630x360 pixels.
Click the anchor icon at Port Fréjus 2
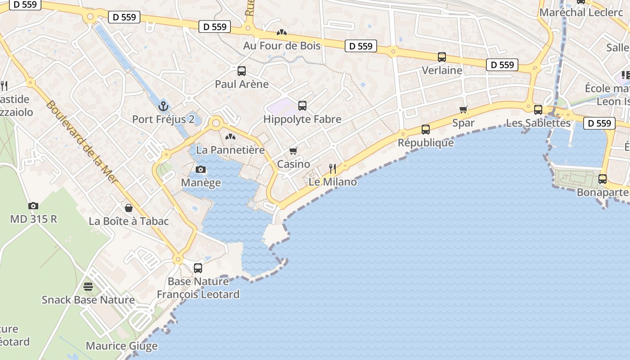tap(163, 106)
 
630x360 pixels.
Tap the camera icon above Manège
tap(201, 170)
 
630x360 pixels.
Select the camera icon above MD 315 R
tap(33, 206)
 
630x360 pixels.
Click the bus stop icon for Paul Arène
tap(242, 71)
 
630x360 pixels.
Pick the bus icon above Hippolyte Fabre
tap(302, 106)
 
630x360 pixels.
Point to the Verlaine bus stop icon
tap(442, 57)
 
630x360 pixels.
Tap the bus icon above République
tap(426, 130)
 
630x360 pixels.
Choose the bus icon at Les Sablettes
tap(538, 109)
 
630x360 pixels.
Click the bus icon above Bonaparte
tap(603, 179)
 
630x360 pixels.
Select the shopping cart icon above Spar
tap(463, 109)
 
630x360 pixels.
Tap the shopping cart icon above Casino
tap(293, 151)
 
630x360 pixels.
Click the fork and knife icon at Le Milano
tap(333, 169)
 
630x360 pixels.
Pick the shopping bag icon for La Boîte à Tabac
tap(129, 207)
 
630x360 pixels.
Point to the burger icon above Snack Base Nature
tap(88, 287)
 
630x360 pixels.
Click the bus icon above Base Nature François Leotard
tap(198, 268)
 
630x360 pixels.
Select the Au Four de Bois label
tap(282, 45)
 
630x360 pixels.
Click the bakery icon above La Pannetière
tap(230, 136)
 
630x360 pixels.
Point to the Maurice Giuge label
tap(121, 346)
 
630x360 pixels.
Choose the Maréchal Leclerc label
tap(581, 12)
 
